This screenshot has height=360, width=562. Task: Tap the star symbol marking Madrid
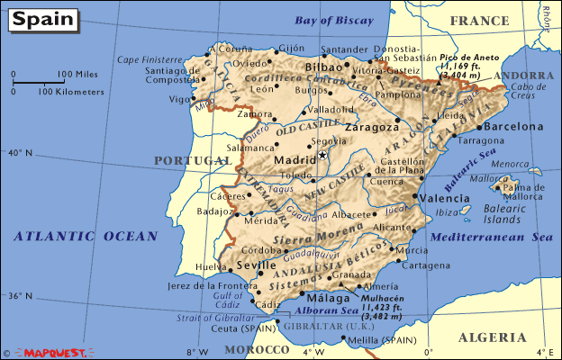tap(322, 155)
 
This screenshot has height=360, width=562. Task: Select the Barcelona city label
tap(514, 127)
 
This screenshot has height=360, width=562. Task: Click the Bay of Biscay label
tap(334, 21)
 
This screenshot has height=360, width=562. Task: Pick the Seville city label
tap(257, 267)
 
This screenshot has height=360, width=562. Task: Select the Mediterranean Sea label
tap(491, 238)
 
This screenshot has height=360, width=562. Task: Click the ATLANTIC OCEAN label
tap(86, 236)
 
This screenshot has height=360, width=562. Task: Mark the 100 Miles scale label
tap(78, 74)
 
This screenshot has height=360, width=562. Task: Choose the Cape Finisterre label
tap(146, 59)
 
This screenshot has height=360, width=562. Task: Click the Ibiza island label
tap(447, 213)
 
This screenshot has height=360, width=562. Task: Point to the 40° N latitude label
tap(19, 154)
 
